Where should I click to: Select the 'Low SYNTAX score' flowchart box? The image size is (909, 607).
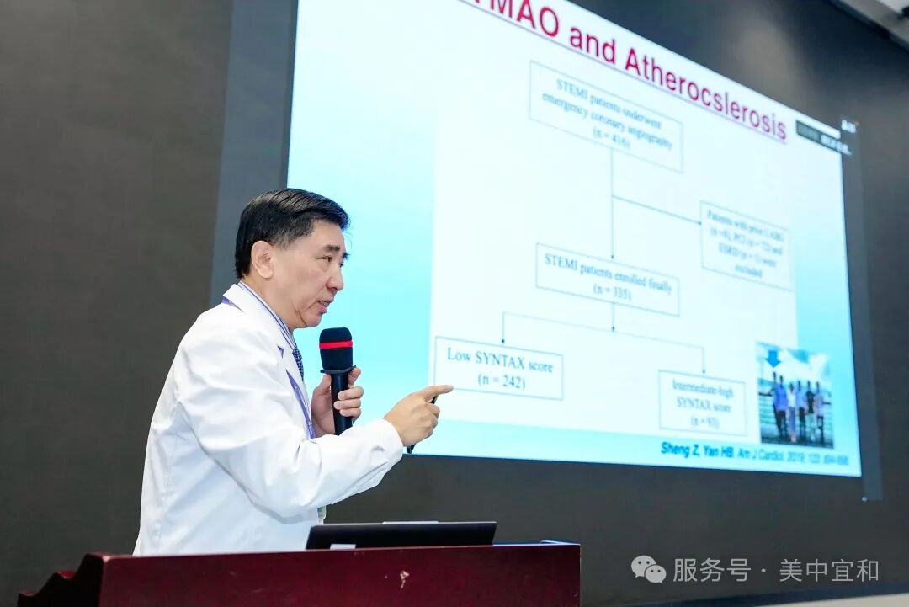tap(497, 368)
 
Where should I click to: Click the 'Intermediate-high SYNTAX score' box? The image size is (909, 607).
tap(702, 402)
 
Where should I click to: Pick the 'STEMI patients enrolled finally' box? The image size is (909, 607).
tap(607, 279)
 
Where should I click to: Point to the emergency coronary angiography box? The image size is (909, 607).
tap(605, 115)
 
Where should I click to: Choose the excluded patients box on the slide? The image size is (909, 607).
tap(745, 245)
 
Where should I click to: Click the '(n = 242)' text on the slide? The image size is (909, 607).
tap(502, 381)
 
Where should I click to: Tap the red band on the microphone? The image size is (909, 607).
tap(336, 343)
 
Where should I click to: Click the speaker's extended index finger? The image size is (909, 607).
tap(439, 391)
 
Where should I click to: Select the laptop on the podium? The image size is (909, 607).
tap(401, 535)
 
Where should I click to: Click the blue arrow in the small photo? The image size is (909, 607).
tap(772, 357)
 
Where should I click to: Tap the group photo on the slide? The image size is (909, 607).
tap(795, 396)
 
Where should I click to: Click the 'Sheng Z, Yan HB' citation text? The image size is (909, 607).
tap(697, 451)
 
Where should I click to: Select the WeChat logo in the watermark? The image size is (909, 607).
tap(648, 570)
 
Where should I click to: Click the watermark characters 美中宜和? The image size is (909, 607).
tap(829, 570)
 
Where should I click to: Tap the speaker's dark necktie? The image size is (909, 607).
tap(298, 360)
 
